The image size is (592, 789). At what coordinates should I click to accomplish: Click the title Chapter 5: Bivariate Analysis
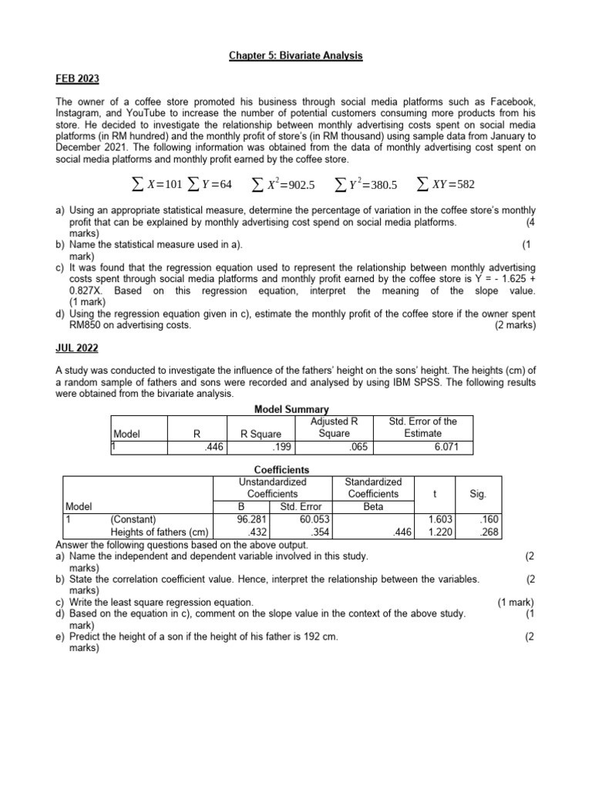295,56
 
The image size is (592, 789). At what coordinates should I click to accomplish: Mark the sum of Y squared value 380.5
365,186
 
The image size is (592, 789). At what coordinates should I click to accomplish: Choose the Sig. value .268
479,532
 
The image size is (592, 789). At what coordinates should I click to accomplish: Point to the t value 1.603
439,519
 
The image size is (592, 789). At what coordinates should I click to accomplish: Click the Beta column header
372,506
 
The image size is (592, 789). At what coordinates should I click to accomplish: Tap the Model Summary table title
291,409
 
